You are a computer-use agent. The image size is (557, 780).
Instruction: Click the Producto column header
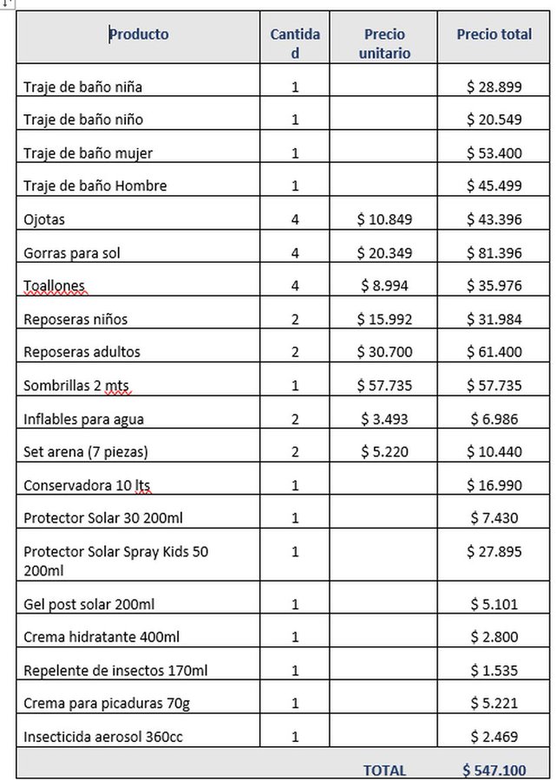tap(139, 35)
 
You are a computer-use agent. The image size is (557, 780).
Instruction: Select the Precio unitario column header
tap(384, 43)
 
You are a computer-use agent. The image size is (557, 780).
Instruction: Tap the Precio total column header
tap(494, 35)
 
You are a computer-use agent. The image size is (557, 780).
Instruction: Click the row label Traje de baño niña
tap(83, 87)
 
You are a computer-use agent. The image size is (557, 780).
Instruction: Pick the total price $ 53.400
tap(494, 153)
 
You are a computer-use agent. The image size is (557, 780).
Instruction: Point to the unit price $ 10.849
tap(384, 219)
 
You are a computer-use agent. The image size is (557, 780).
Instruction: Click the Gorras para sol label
tap(72, 253)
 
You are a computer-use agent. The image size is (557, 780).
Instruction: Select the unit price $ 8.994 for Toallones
tap(384, 286)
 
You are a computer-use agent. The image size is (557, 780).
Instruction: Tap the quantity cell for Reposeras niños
tap(295, 319)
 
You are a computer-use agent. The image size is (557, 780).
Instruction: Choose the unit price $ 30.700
tap(384, 352)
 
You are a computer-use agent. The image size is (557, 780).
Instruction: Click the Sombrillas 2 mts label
tap(76, 386)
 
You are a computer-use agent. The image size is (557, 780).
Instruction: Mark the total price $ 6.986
tap(494, 419)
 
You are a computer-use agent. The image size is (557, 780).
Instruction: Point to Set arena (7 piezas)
tap(86, 452)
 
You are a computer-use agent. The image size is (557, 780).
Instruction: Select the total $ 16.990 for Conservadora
tap(494, 485)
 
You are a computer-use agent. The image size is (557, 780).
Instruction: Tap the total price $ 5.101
tap(494, 604)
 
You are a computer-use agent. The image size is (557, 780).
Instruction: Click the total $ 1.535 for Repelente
tap(494, 670)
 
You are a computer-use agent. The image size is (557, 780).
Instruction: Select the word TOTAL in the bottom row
tap(384, 770)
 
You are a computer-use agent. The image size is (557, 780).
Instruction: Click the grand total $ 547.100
tap(494, 770)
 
